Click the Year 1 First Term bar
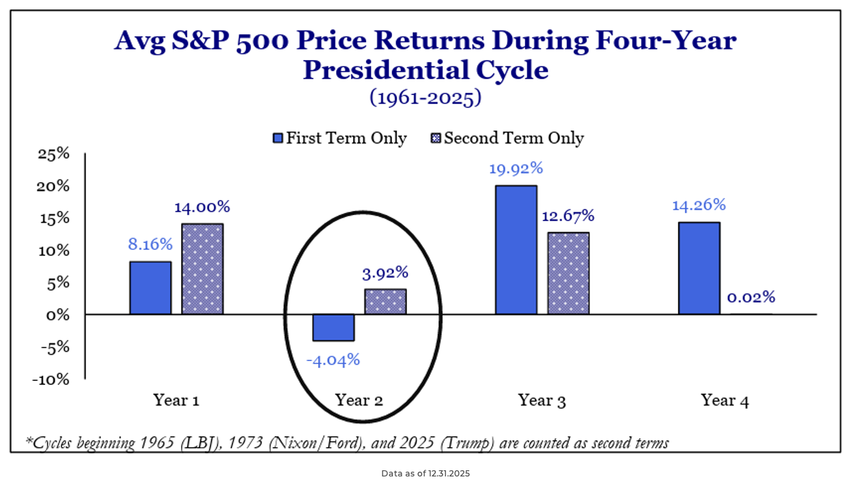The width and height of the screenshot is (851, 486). [150, 287]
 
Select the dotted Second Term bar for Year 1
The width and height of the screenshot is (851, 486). [202, 269]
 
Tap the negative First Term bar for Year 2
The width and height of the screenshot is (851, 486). [333, 328]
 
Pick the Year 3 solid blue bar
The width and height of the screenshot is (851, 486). [516, 250]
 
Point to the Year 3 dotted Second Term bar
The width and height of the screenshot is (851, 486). [568, 273]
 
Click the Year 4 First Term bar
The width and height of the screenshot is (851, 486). [699, 268]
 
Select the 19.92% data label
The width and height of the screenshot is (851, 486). [516, 169]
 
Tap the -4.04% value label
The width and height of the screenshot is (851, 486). [333, 359]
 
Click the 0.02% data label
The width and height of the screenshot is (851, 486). [751, 297]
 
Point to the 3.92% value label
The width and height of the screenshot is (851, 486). [385, 272]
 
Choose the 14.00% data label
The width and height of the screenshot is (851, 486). [201, 206]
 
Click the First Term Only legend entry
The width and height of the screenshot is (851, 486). [339, 139]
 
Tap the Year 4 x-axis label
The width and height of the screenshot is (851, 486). [725, 401]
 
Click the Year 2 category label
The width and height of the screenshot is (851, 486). [359, 400]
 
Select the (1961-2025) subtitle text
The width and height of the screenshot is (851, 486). [425, 98]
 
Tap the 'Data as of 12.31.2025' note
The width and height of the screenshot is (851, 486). [425, 473]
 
